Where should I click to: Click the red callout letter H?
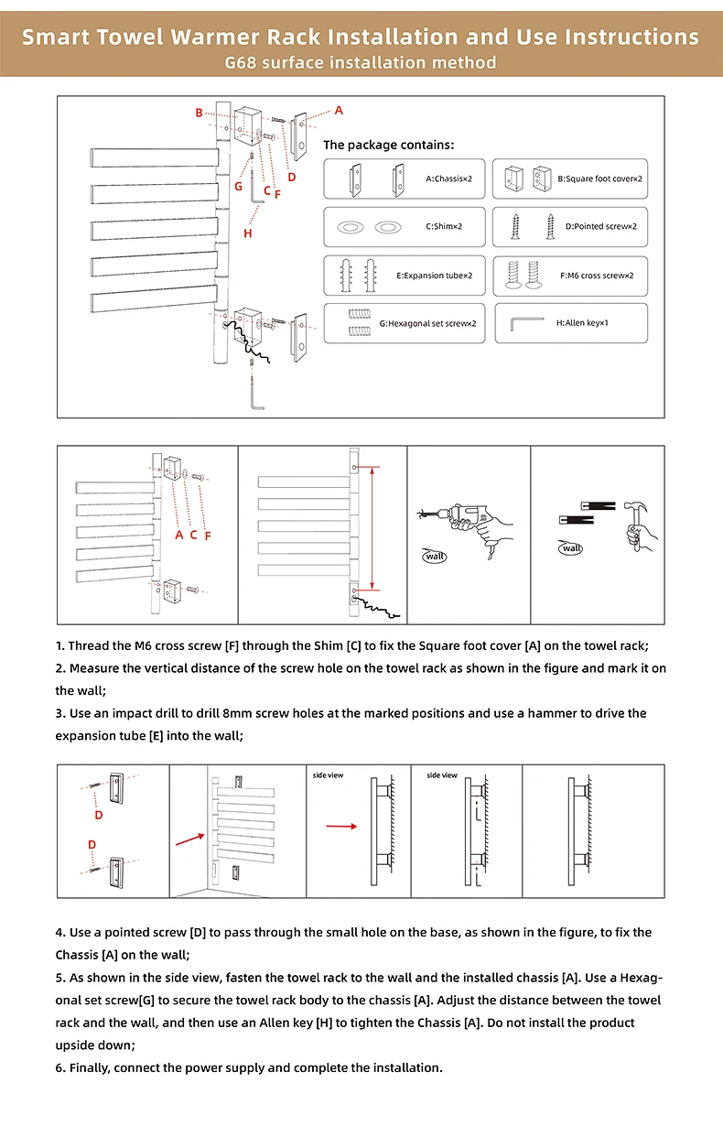point(247,233)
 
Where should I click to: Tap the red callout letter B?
point(199,113)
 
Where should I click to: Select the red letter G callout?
point(238,186)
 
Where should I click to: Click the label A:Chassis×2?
point(448,179)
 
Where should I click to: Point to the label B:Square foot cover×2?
point(600,179)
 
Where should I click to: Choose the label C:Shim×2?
point(444,226)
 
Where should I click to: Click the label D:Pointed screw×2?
point(600,226)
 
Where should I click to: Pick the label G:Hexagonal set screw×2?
point(427,323)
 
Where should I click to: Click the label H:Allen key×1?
point(582,323)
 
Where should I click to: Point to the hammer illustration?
point(631,521)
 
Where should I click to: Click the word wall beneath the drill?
point(435,555)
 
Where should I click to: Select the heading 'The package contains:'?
point(388,145)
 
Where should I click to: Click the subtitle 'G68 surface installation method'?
point(361,62)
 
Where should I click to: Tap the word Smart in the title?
point(58,38)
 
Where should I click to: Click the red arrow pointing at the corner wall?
point(190,837)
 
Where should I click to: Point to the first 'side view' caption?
point(328,775)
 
